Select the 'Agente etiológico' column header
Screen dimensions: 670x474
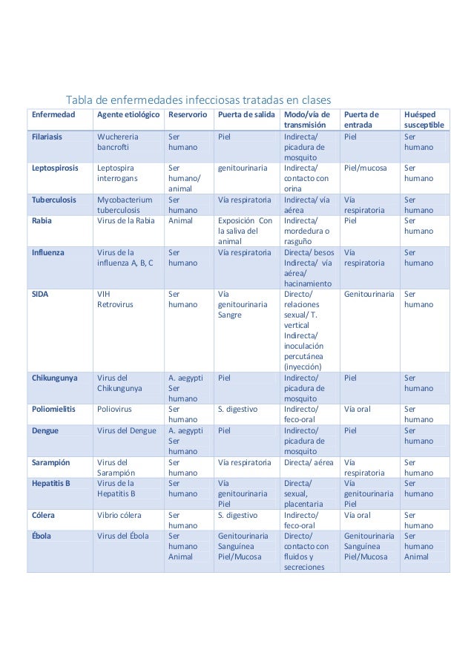point(128,116)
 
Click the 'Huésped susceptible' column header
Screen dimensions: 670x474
point(422,121)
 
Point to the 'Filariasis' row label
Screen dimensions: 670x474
point(47,137)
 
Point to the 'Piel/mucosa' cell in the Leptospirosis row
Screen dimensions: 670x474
point(366,168)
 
